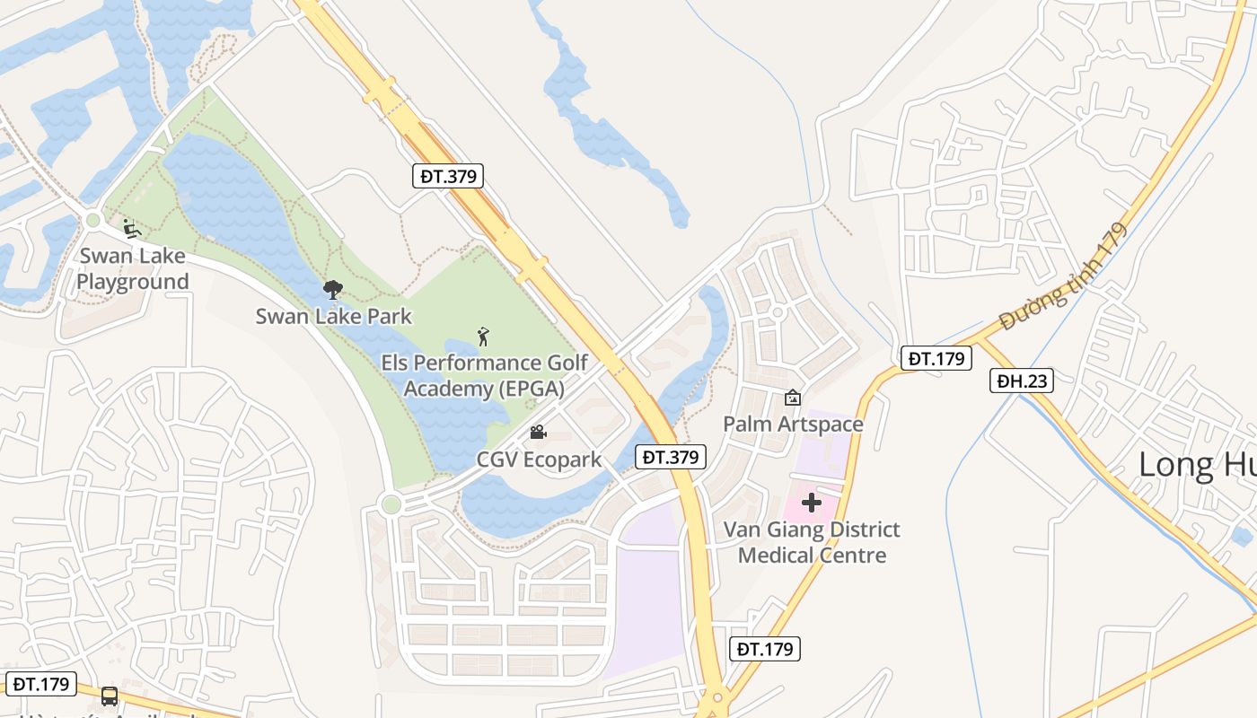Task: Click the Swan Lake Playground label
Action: [132, 268]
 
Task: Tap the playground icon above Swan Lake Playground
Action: [131, 229]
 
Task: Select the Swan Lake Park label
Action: [333, 316]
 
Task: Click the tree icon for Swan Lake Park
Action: [333, 289]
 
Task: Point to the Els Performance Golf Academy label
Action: [485, 375]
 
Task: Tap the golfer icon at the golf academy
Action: [484, 337]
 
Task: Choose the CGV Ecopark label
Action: [539, 460]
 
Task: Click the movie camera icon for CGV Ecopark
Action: [538, 433]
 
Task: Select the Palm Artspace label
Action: [793, 424]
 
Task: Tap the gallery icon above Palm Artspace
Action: [793, 397]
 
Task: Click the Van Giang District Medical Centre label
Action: [812, 542]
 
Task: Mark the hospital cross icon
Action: [812, 503]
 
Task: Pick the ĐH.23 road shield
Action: [1022, 381]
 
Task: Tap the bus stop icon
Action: [109, 696]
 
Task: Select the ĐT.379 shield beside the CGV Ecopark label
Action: [670, 457]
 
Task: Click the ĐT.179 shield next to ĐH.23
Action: [936, 359]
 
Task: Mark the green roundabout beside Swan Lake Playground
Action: [92, 220]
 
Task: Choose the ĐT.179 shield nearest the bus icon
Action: [38, 684]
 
